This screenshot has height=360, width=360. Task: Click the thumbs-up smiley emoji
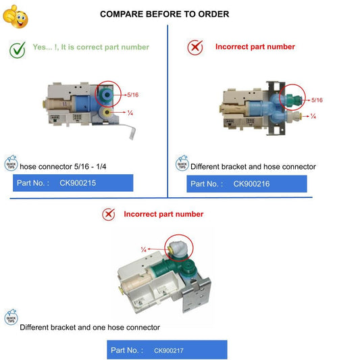15,17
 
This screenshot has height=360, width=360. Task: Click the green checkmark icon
18,50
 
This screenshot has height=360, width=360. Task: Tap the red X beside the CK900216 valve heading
195,47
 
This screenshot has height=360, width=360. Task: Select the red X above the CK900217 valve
109,214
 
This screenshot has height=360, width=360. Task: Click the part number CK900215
78,183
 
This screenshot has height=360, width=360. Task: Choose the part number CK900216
251,184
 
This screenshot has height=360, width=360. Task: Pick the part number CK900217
169,351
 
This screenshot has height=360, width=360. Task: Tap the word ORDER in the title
213,14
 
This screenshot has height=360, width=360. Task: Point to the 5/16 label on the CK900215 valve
133,95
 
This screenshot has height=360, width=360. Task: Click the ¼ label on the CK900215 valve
130,113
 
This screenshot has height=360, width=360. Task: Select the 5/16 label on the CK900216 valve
317,100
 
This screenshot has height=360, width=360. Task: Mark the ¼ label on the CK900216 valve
313,116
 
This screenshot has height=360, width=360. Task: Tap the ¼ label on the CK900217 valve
144,249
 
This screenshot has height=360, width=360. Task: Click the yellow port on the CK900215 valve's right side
107,112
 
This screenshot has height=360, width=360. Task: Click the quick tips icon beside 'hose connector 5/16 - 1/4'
11,163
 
